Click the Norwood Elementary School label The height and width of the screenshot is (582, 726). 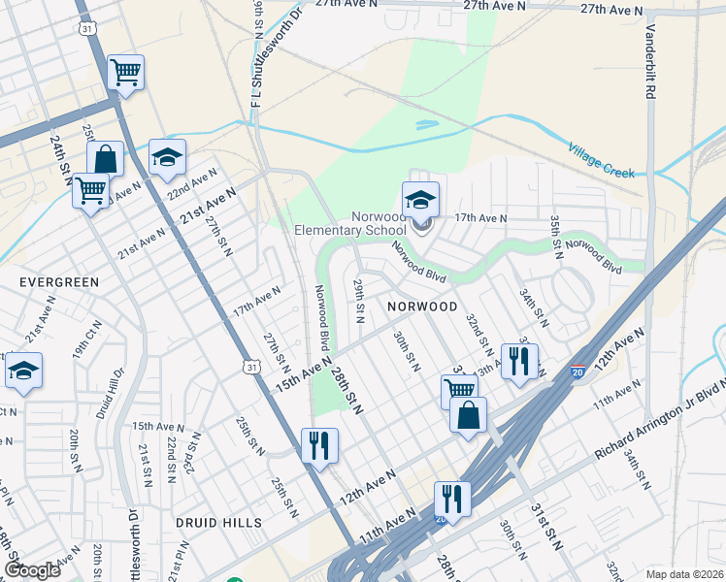tap(352, 223)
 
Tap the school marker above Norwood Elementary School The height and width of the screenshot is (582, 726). tap(420, 200)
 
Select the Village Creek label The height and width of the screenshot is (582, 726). tap(602, 159)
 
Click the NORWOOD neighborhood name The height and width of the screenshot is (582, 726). tap(422, 306)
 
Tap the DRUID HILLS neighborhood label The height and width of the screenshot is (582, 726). tap(218, 522)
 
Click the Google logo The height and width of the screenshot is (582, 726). tap(32, 570)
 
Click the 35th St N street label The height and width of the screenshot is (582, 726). tap(556, 237)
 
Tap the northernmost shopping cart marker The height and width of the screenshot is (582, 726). tap(126, 72)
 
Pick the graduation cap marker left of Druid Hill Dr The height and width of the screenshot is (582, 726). tap(23, 371)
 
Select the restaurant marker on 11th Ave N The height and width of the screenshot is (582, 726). tap(452, 499)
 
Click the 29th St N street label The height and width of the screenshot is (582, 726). tap(358, 301)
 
